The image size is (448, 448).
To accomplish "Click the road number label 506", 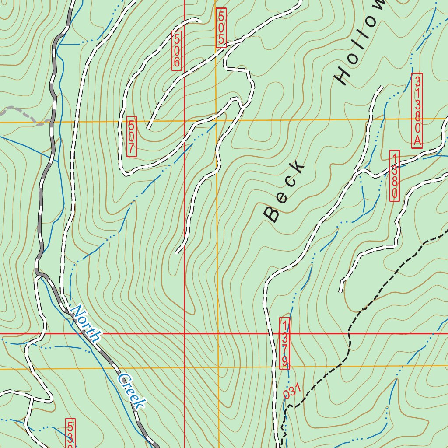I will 177,51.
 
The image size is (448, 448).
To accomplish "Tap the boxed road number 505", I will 221,28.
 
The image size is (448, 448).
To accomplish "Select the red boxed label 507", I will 131,136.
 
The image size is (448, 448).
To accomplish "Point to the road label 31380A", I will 417,111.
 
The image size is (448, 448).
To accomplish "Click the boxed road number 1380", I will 394,175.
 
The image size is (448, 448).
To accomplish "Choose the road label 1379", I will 284,343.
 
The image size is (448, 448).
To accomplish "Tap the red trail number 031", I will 293,391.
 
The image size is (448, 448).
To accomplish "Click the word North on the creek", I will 86,324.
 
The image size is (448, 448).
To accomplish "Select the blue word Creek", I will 131,391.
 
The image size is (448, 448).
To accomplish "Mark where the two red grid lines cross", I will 185,334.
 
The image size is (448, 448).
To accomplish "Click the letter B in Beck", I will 272,214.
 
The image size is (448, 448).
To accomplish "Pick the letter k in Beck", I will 298,166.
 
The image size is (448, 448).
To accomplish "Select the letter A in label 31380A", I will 417,141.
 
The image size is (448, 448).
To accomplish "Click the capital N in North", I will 77,312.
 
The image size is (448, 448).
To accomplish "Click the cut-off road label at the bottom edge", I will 70,433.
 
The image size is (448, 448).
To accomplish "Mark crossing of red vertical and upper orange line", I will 185,121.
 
